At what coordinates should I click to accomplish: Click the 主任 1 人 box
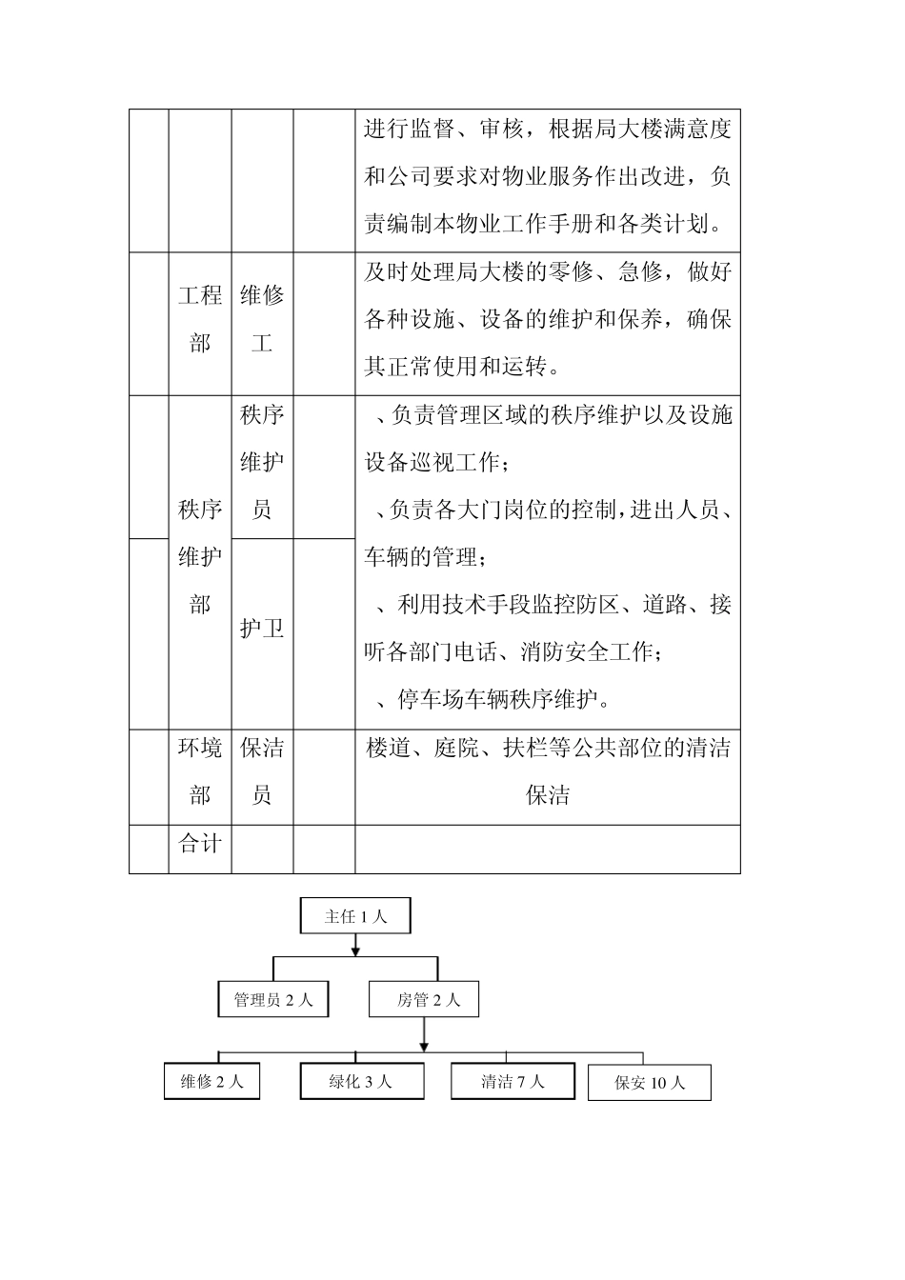pos(355,916)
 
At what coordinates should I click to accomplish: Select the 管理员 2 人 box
pos(273,999)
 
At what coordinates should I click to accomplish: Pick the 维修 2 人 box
pos(211,1081)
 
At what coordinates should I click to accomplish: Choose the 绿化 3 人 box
pos(362,1081)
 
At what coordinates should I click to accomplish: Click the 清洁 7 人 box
pos(513,1081)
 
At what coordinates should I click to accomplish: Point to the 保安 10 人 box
pos(650,1083)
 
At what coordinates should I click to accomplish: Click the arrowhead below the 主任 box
pos(355,949)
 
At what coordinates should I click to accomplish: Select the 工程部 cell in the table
pos(200,319)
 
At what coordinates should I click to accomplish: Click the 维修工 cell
pos(262,319)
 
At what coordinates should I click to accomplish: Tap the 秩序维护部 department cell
pos(200,557)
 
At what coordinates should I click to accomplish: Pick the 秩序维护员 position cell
pos(262,463)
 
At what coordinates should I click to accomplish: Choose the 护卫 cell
pos(262,629)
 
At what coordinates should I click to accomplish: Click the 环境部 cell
pos(200,771)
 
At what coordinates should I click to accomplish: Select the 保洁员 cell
pos(262,771)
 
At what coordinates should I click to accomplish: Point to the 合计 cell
pos(200,844)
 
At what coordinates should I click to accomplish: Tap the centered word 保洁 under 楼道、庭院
pos(548,795)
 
